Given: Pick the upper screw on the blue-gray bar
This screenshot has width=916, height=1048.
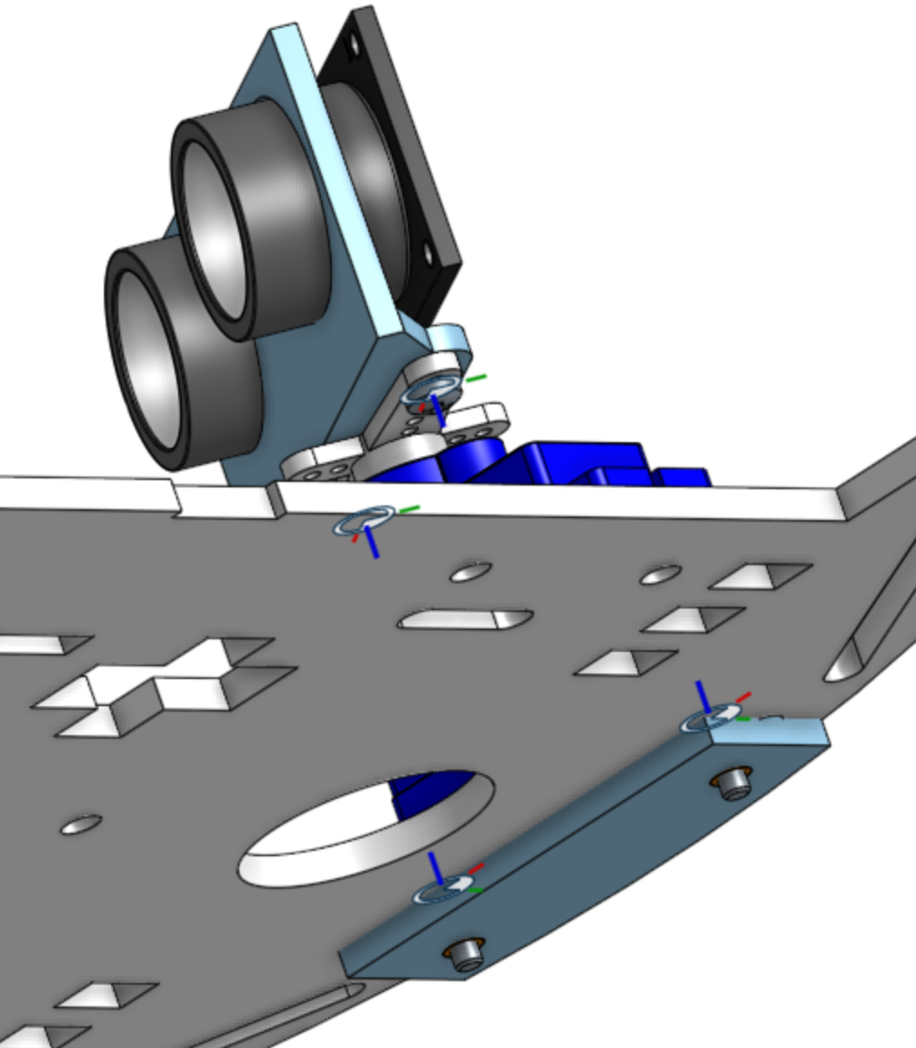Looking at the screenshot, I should click(x=735, y=782).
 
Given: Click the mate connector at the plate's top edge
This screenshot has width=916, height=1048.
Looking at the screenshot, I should click(x=365, y=522).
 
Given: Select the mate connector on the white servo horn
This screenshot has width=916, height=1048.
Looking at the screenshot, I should click(x=431, y=392).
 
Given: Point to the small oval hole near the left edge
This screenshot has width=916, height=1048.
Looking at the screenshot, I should click(x=80, y=825).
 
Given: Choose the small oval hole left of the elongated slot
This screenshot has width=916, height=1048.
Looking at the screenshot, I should click(x=470, y=571).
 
